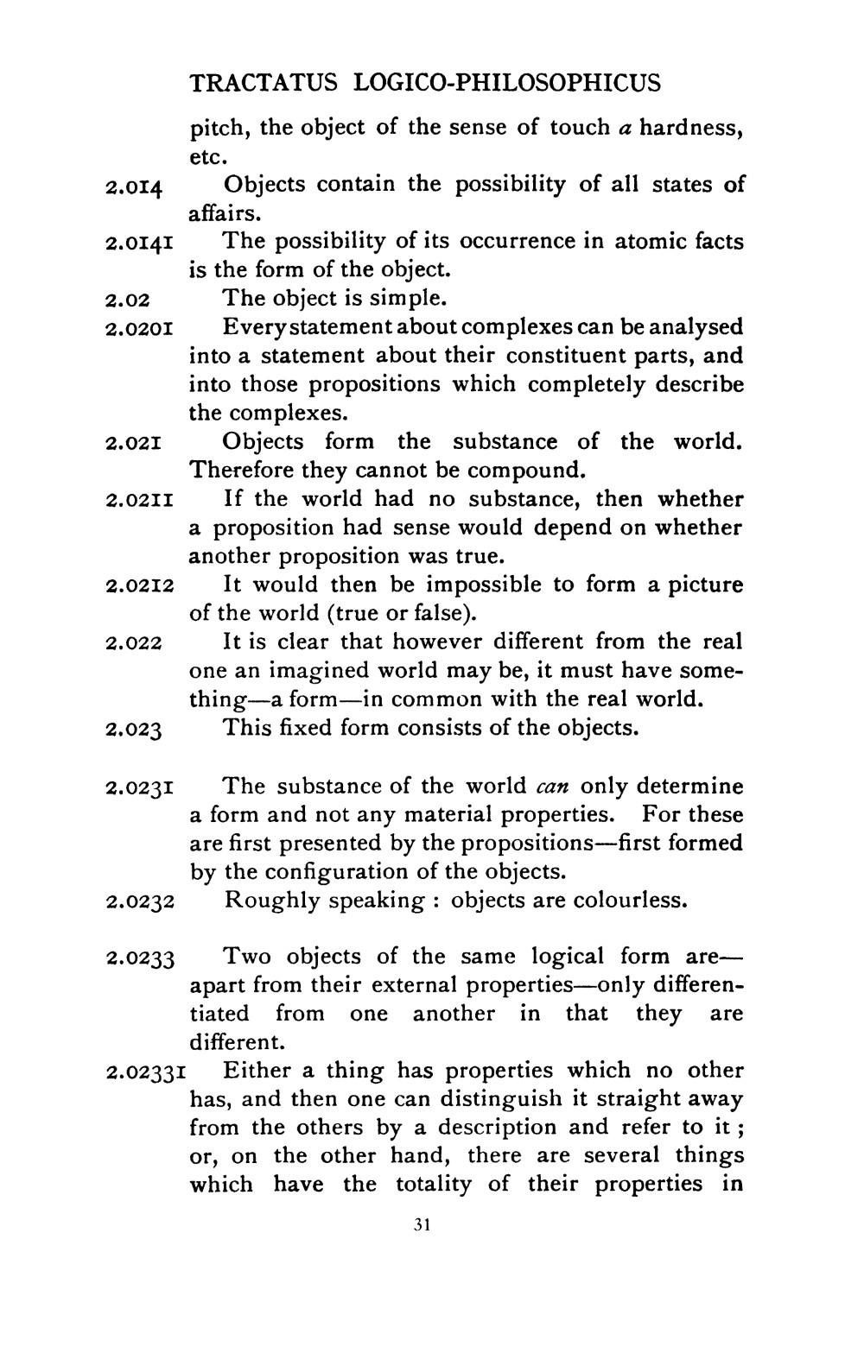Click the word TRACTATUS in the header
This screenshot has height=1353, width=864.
tap(267, 83)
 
